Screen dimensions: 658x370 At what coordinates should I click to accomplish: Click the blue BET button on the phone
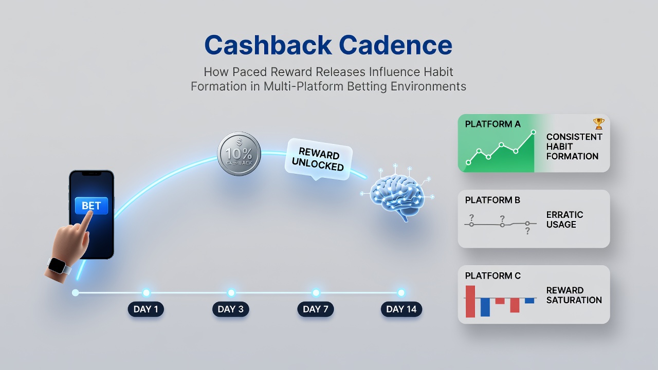click(x=92, y=206)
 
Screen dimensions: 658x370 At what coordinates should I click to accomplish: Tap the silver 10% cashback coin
click(x=239, y=154)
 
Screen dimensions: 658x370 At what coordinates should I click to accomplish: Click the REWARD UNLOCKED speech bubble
click(x=318, y=159)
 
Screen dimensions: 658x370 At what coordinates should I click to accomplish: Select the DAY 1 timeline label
click(x=145, y=309)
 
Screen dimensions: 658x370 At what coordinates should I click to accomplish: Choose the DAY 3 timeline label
click(x=231, y=309)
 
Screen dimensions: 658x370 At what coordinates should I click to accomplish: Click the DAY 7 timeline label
click(x=316, y=309)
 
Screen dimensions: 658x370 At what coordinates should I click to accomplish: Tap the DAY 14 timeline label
click(x=401, y=309)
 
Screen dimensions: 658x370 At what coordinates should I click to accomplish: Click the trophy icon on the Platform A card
click(x=599, y=124)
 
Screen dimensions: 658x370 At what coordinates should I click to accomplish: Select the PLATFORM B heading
click(x=492, y=200)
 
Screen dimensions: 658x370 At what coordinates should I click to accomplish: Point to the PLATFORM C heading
click(x=493, y=276)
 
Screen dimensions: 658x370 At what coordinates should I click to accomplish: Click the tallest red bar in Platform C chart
click(x=470, y=302)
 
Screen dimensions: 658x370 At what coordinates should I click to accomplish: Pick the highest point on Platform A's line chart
click(x=534, y=132)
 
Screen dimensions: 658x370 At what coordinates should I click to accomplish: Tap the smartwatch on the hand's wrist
click(x=57, y=266)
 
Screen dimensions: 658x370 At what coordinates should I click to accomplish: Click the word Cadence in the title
click(x=395, y=45)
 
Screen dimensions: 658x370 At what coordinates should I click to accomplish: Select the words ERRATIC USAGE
click(x=564, y=219)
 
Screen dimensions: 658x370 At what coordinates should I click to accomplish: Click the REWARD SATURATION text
click(x=574, y=295)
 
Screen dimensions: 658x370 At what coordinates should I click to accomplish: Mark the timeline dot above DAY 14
click(x=401, y=292)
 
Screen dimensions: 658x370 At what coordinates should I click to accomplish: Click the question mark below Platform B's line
click(x=527, y=231)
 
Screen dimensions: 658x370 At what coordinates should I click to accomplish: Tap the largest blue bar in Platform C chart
click(x=485, y=307)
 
